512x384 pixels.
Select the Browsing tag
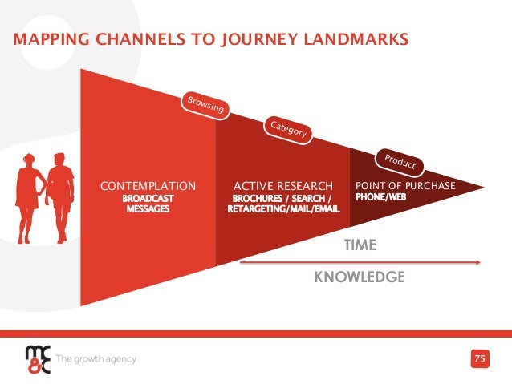(205, 104)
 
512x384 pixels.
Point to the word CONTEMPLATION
(148, 187)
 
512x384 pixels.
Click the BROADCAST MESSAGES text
(148, 204)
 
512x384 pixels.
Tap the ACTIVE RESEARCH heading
(282, 187)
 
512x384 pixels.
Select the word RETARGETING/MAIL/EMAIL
(283, 209)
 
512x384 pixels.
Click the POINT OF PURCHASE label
(405, 186)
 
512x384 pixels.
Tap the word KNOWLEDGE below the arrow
(359, 277)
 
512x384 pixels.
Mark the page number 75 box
(479, 358)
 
